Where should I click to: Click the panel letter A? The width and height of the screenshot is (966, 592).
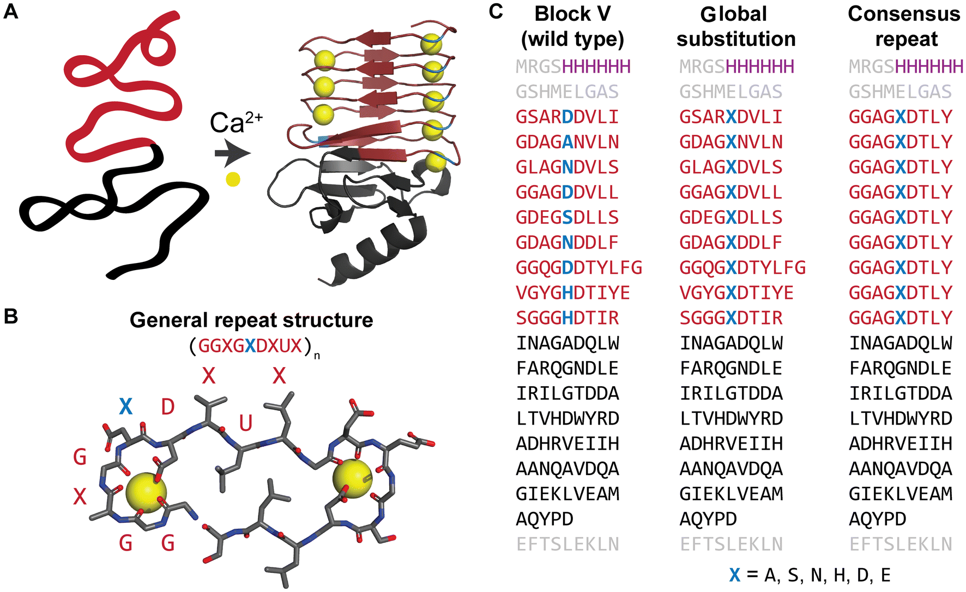tap(10, 11)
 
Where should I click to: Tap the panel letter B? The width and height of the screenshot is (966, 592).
tap(10, 316)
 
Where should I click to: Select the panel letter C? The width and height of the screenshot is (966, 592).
tap(496, 11)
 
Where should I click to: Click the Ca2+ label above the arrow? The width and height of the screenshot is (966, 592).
tap(236, 123)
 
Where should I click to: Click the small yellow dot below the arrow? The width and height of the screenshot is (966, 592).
tap(233, 180)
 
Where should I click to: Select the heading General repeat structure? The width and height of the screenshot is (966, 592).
tap(251, 320)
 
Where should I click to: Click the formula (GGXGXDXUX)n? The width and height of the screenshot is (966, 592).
tap(254, 346)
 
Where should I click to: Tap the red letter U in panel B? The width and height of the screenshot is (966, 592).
tap(246, 423)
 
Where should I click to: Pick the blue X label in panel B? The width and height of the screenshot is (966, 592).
tap(125, 406)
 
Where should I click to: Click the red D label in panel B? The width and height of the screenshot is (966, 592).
tap(167, 406)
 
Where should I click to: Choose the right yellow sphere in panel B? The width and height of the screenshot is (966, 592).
tap(352, 479)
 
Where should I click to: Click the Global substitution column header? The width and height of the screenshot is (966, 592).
tap(735, 26)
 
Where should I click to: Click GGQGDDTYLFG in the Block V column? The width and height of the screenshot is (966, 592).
tap(579, 268)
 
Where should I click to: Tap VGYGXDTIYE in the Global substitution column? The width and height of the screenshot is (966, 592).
tap(736, 293)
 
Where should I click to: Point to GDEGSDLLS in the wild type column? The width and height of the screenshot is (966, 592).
tap(567, 218)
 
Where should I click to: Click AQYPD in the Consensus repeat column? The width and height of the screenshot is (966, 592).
tap(877, 519)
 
